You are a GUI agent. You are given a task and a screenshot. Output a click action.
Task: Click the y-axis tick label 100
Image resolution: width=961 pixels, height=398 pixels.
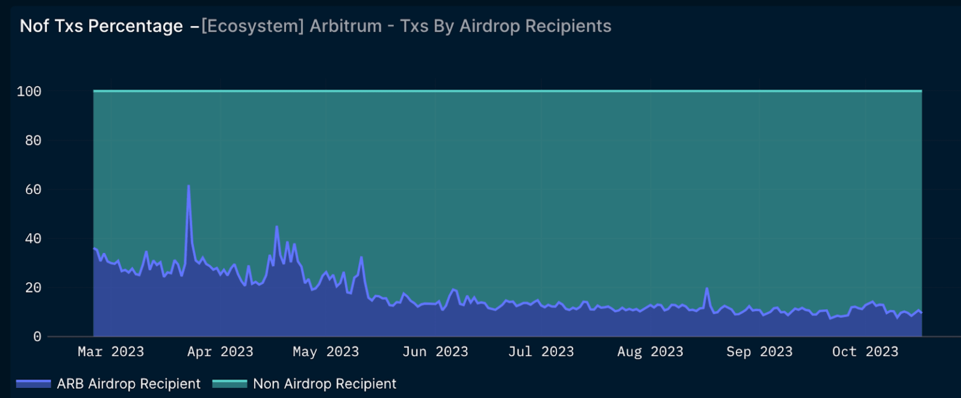coord(29,91)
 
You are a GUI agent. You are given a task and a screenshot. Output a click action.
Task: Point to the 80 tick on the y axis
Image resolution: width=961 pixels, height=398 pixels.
coord(33,140)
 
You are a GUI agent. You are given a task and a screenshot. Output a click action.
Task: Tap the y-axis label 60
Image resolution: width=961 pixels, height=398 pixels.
coord(33,190)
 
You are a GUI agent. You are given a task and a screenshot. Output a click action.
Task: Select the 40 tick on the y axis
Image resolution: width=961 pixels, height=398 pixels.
coord(33,238)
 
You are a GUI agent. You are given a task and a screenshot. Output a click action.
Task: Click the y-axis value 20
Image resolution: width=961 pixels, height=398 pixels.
coord(33,288)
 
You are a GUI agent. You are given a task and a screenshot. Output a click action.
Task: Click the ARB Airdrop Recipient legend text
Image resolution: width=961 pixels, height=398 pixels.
coord(128,384)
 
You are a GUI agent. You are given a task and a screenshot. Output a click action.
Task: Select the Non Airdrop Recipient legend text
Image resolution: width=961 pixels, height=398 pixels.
coord(324,384)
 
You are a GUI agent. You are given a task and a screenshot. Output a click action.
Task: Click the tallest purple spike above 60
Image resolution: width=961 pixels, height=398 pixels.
coord(188,186)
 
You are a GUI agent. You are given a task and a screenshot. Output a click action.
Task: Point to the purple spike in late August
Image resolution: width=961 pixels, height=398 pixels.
coord(707,288)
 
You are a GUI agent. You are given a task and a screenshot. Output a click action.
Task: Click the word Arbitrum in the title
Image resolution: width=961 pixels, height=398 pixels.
coord(346,26)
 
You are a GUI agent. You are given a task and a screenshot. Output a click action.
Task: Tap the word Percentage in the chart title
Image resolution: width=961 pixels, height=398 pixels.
coord(135,26)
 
